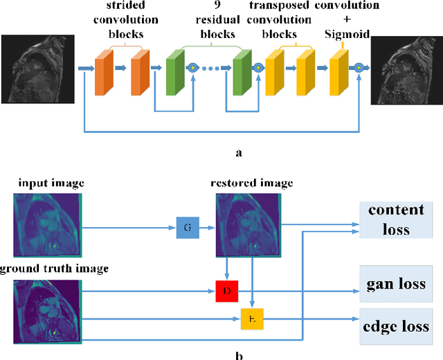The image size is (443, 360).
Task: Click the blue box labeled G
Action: point(187,226)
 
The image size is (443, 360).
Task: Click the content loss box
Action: point(396,219)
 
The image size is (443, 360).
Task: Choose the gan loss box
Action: point(396,284)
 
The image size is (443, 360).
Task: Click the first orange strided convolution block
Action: point(105,73)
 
